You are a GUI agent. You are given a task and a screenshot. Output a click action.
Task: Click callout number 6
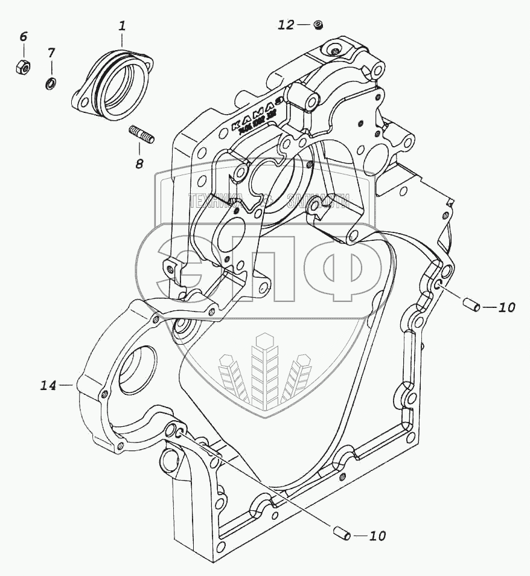pyautogui.click(x=23, y=37)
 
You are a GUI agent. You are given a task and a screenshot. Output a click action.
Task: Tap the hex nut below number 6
pyautogui.click(x=23, y=66)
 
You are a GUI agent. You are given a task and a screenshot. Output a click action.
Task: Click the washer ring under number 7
pyautogui.click(x=51, y=82)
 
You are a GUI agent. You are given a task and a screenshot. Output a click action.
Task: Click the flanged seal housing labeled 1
pyautogui.click(x=118, y=85)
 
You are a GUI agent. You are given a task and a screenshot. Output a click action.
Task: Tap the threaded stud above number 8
pyautogui.click(x=142, y=135)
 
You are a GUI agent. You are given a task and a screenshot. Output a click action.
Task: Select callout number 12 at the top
pyautogui.click(x=286, y=25)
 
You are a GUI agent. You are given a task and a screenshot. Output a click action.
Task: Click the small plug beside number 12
pyautogui.click(x=318, y=25)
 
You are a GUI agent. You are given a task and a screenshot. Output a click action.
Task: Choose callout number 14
pyautogui.click(x=49, y=385)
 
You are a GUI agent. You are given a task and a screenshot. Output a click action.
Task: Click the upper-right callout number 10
pyautogui.click(x=506, y=308)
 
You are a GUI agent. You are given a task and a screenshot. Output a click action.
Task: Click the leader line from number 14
pyautogui.click(x=68, y=385)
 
